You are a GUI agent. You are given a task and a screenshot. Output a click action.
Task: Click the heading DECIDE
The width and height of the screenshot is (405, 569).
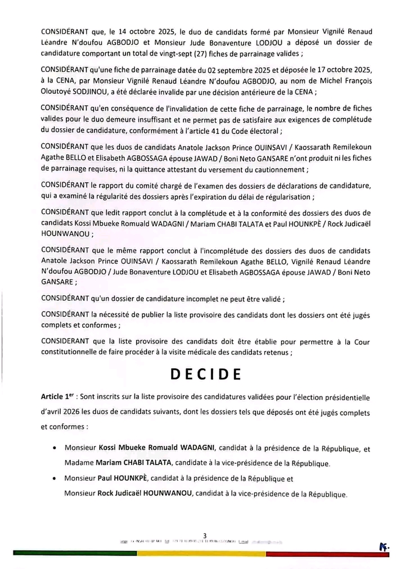(x=205, y=374)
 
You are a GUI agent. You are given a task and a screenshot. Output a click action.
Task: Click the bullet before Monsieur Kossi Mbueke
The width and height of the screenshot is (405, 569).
(x=53, y=449)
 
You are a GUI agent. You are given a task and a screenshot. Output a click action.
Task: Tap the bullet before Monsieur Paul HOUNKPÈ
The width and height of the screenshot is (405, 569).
(x=53, y=479)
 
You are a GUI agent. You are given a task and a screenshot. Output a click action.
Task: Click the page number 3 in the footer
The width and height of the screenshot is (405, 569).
(x=205, y=535)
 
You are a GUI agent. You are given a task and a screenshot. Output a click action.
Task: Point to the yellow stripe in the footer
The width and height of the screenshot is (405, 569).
(x=202, y=553)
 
